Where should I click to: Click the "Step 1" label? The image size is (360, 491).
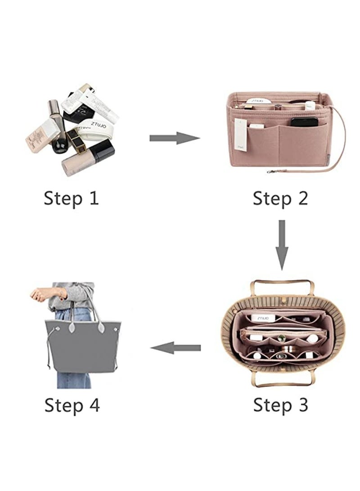(x=71, y=198)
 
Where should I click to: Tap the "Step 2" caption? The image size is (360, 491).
(x=280, y=198)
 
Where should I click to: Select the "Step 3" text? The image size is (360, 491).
(x=280, y=405)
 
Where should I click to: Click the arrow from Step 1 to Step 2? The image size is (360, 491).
(x=174, y=138)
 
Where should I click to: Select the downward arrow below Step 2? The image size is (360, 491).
(x=282, y=244)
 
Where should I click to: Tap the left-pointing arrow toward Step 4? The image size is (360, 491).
(x=175, y=347)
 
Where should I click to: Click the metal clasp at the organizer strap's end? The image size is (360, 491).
(x=271, y=171)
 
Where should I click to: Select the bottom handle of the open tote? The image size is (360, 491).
(x=282, y=382)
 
